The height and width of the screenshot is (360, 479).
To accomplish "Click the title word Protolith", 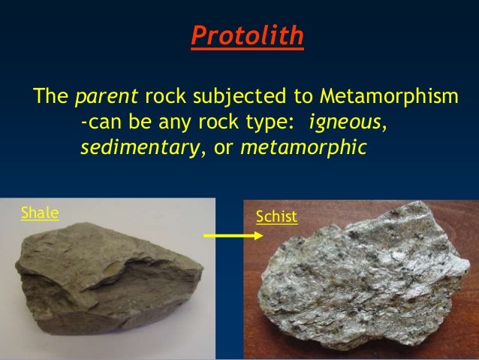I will [247, 36].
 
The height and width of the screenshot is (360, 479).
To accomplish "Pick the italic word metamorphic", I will [303, 147].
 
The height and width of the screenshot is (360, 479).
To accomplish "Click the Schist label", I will [276, 218].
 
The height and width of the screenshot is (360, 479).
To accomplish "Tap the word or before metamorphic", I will [224, 147].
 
